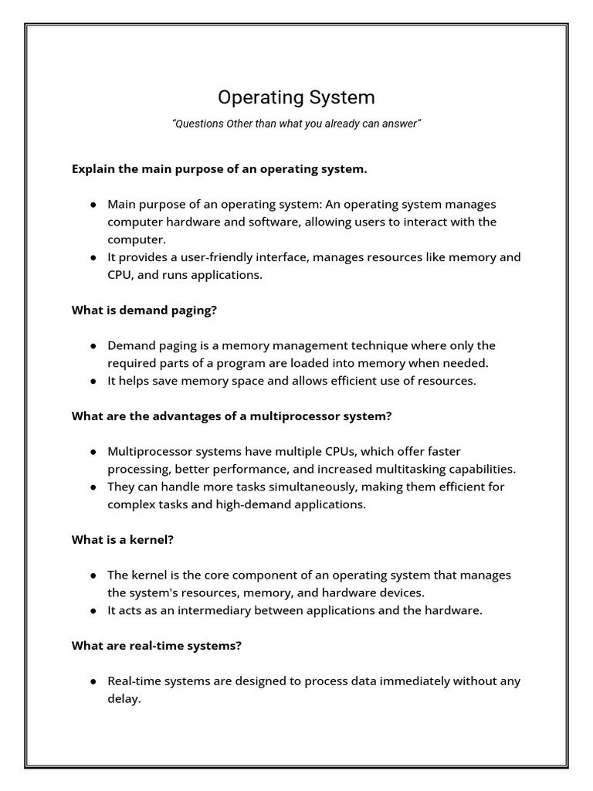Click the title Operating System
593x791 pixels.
296,97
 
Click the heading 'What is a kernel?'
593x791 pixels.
123,540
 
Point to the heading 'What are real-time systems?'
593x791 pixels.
157,646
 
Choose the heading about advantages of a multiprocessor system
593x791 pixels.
232,416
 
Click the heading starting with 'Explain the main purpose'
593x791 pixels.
219,168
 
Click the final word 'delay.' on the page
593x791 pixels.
124,699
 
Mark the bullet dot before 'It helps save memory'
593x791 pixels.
93,381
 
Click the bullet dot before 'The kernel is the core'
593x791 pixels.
93,575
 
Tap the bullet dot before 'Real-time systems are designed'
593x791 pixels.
93,681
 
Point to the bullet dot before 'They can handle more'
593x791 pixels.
93,487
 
